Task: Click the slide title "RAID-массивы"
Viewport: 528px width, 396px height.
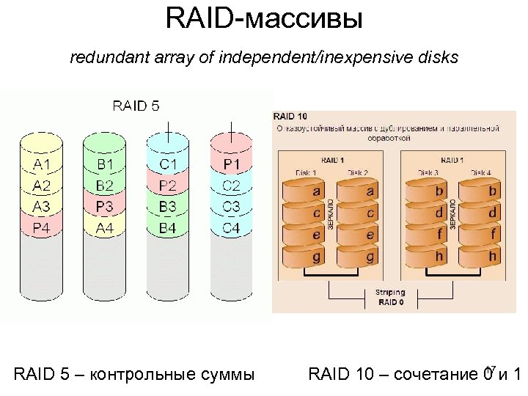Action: pyautogui.click(x=264, y=18)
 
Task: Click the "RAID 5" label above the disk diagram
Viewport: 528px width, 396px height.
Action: pyautogui.click(x=136, y=106)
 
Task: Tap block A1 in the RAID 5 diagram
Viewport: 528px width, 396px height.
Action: pyautogui.click(x=42, y=163)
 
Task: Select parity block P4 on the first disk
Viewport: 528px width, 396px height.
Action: pyautogui.click(x=42, y=228)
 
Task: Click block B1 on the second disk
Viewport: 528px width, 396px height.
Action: pyautogui.click(x=105, y=163)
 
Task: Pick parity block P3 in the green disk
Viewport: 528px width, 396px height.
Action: pyautogui.click(x=105, y=207)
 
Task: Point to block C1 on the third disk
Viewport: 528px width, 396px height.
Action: pyautogui.click(x=168, y=163)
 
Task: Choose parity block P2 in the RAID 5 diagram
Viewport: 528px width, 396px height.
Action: pyautogui.click(x=168, y=185)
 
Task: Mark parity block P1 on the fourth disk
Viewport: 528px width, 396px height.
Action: pyautogui.click(x=231, y=163)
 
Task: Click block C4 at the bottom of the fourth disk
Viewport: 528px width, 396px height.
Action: pyautogui.click(x=231, y=228)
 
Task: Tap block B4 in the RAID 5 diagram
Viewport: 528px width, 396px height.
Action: pyautogui.click(x=168, y=228)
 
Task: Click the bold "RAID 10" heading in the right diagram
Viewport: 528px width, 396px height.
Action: pyautogui.click(x=290, y=116)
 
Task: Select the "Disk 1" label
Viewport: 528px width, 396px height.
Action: pyautogui.click(x=307, y=172)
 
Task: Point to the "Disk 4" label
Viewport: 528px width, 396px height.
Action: pyautogui.click(x=480, y=172)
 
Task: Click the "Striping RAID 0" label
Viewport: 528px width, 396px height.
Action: pyautogui.click(x=389, y=297)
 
